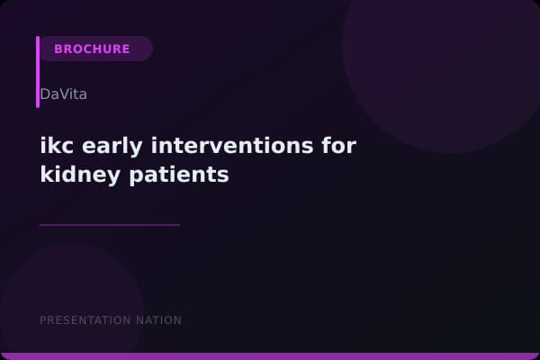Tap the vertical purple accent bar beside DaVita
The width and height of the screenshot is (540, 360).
(38, 72)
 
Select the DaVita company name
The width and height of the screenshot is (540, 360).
(63, 94)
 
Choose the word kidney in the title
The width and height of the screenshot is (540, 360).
(76, 174)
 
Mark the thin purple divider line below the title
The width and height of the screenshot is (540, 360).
(110, 225)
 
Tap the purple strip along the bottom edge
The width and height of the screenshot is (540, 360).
(270, 356)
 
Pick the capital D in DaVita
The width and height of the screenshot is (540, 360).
(45, 94)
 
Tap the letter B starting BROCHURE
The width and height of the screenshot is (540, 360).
(58, 49)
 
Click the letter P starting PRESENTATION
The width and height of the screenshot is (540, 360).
(43, 320)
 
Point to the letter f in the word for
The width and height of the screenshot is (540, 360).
(334, 145)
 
